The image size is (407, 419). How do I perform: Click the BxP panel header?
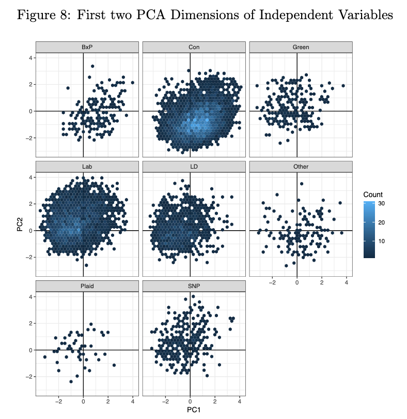pyautogui.click(x=87, y=47)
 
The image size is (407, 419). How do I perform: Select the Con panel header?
pyautogui.click(x=194, y=47)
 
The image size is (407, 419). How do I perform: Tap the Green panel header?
pyautogui.click(x=301, y=47)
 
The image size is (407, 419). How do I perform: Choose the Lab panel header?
pyautogui.click(x=87, y=167)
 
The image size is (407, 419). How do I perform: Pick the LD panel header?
pyautogui.click(x=194, y=167)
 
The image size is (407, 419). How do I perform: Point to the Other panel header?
pyautogui.click(x=301, y=167)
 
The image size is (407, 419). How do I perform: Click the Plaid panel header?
pyautogui.click(x=87, y=286)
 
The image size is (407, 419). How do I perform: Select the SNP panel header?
pyautogui.click(x=194, y=286)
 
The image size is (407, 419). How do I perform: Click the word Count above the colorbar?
pyautogui.click(x=373, y=194)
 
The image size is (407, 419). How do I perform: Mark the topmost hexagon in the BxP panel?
pyautogui.click(x=92, y=66)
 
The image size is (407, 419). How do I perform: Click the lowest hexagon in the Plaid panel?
pyautogui.click(x=71, y=381)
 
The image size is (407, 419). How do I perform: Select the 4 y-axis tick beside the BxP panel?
pyautogui.click(x=30, y=58)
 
